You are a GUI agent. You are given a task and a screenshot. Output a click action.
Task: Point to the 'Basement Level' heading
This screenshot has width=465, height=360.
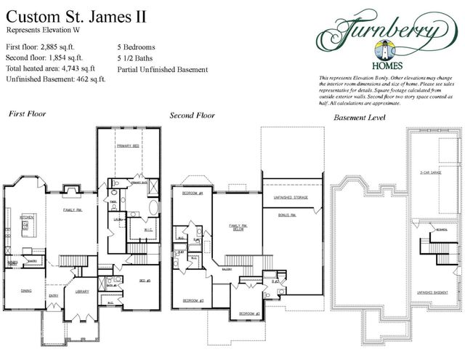pyautogui.click(x=359, y=116)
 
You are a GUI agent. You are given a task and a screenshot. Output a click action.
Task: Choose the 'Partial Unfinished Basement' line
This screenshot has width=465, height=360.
pyautogui.click(x=163, y=70)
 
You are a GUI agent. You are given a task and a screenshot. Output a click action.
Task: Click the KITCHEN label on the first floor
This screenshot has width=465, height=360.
pyautogui.click(x=27, y=217)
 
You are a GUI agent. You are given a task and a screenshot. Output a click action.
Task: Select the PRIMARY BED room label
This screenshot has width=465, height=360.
pyautogui.click(x=127, y=146)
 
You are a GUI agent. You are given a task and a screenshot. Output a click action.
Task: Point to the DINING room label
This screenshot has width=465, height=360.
pyautogui.click(x=25, y=292)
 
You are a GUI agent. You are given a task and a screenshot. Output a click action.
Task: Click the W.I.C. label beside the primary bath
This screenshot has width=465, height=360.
pyautogui.click(x=149, y=231)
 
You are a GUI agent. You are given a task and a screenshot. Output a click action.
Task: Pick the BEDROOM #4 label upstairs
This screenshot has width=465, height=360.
pyautogui.click(x=192, y=193)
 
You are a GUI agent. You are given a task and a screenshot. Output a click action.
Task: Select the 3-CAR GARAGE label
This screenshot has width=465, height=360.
pyautogui.click(x=432, y=172)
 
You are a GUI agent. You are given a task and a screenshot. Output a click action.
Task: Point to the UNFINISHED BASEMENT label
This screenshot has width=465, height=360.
pyautogui.click(x=431, y=292)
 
